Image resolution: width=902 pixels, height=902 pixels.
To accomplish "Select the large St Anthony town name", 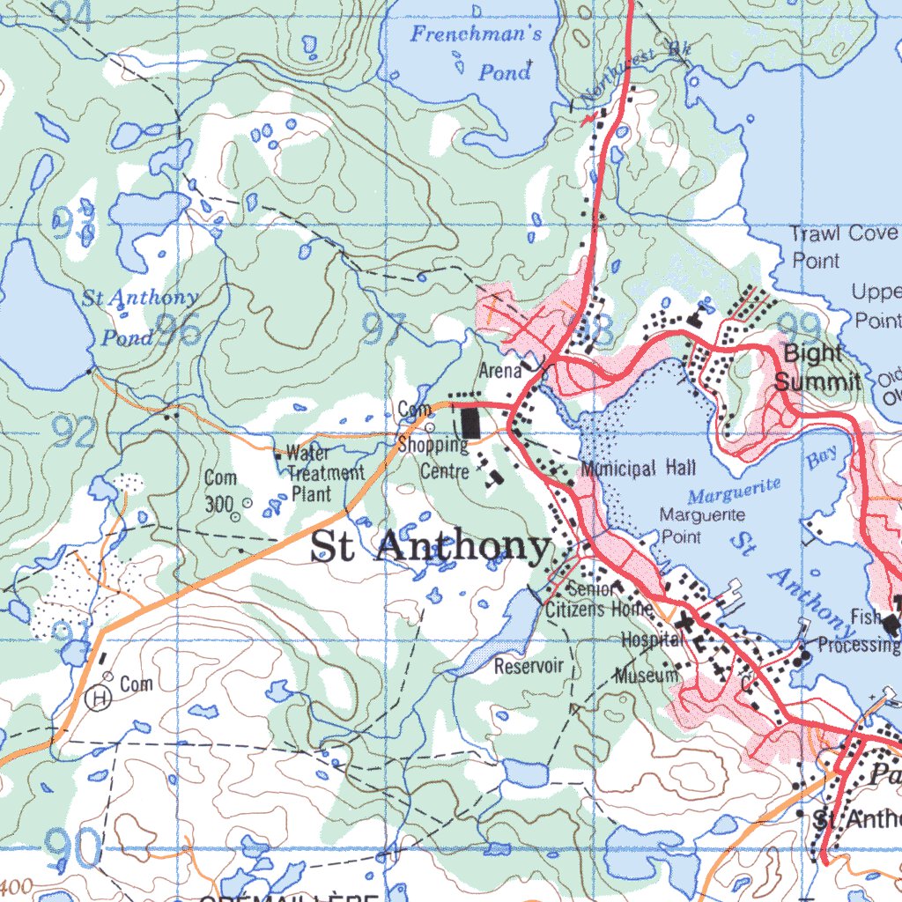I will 431,547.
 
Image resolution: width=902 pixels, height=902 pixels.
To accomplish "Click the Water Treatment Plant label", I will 322,473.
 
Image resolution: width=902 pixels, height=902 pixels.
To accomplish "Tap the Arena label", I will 499,370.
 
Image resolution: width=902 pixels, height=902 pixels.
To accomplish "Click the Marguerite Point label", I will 702,525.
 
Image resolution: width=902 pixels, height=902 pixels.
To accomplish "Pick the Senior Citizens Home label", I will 599,599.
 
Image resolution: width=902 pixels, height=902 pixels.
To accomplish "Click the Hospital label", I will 652,640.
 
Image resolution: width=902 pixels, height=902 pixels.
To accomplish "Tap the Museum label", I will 647,676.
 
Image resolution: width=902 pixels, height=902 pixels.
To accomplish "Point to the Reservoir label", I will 529,666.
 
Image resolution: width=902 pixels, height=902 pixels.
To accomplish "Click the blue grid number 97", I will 385,329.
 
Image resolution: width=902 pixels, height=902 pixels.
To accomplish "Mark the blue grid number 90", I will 72,847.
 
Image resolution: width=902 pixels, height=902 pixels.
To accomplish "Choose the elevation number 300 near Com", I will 218,505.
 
